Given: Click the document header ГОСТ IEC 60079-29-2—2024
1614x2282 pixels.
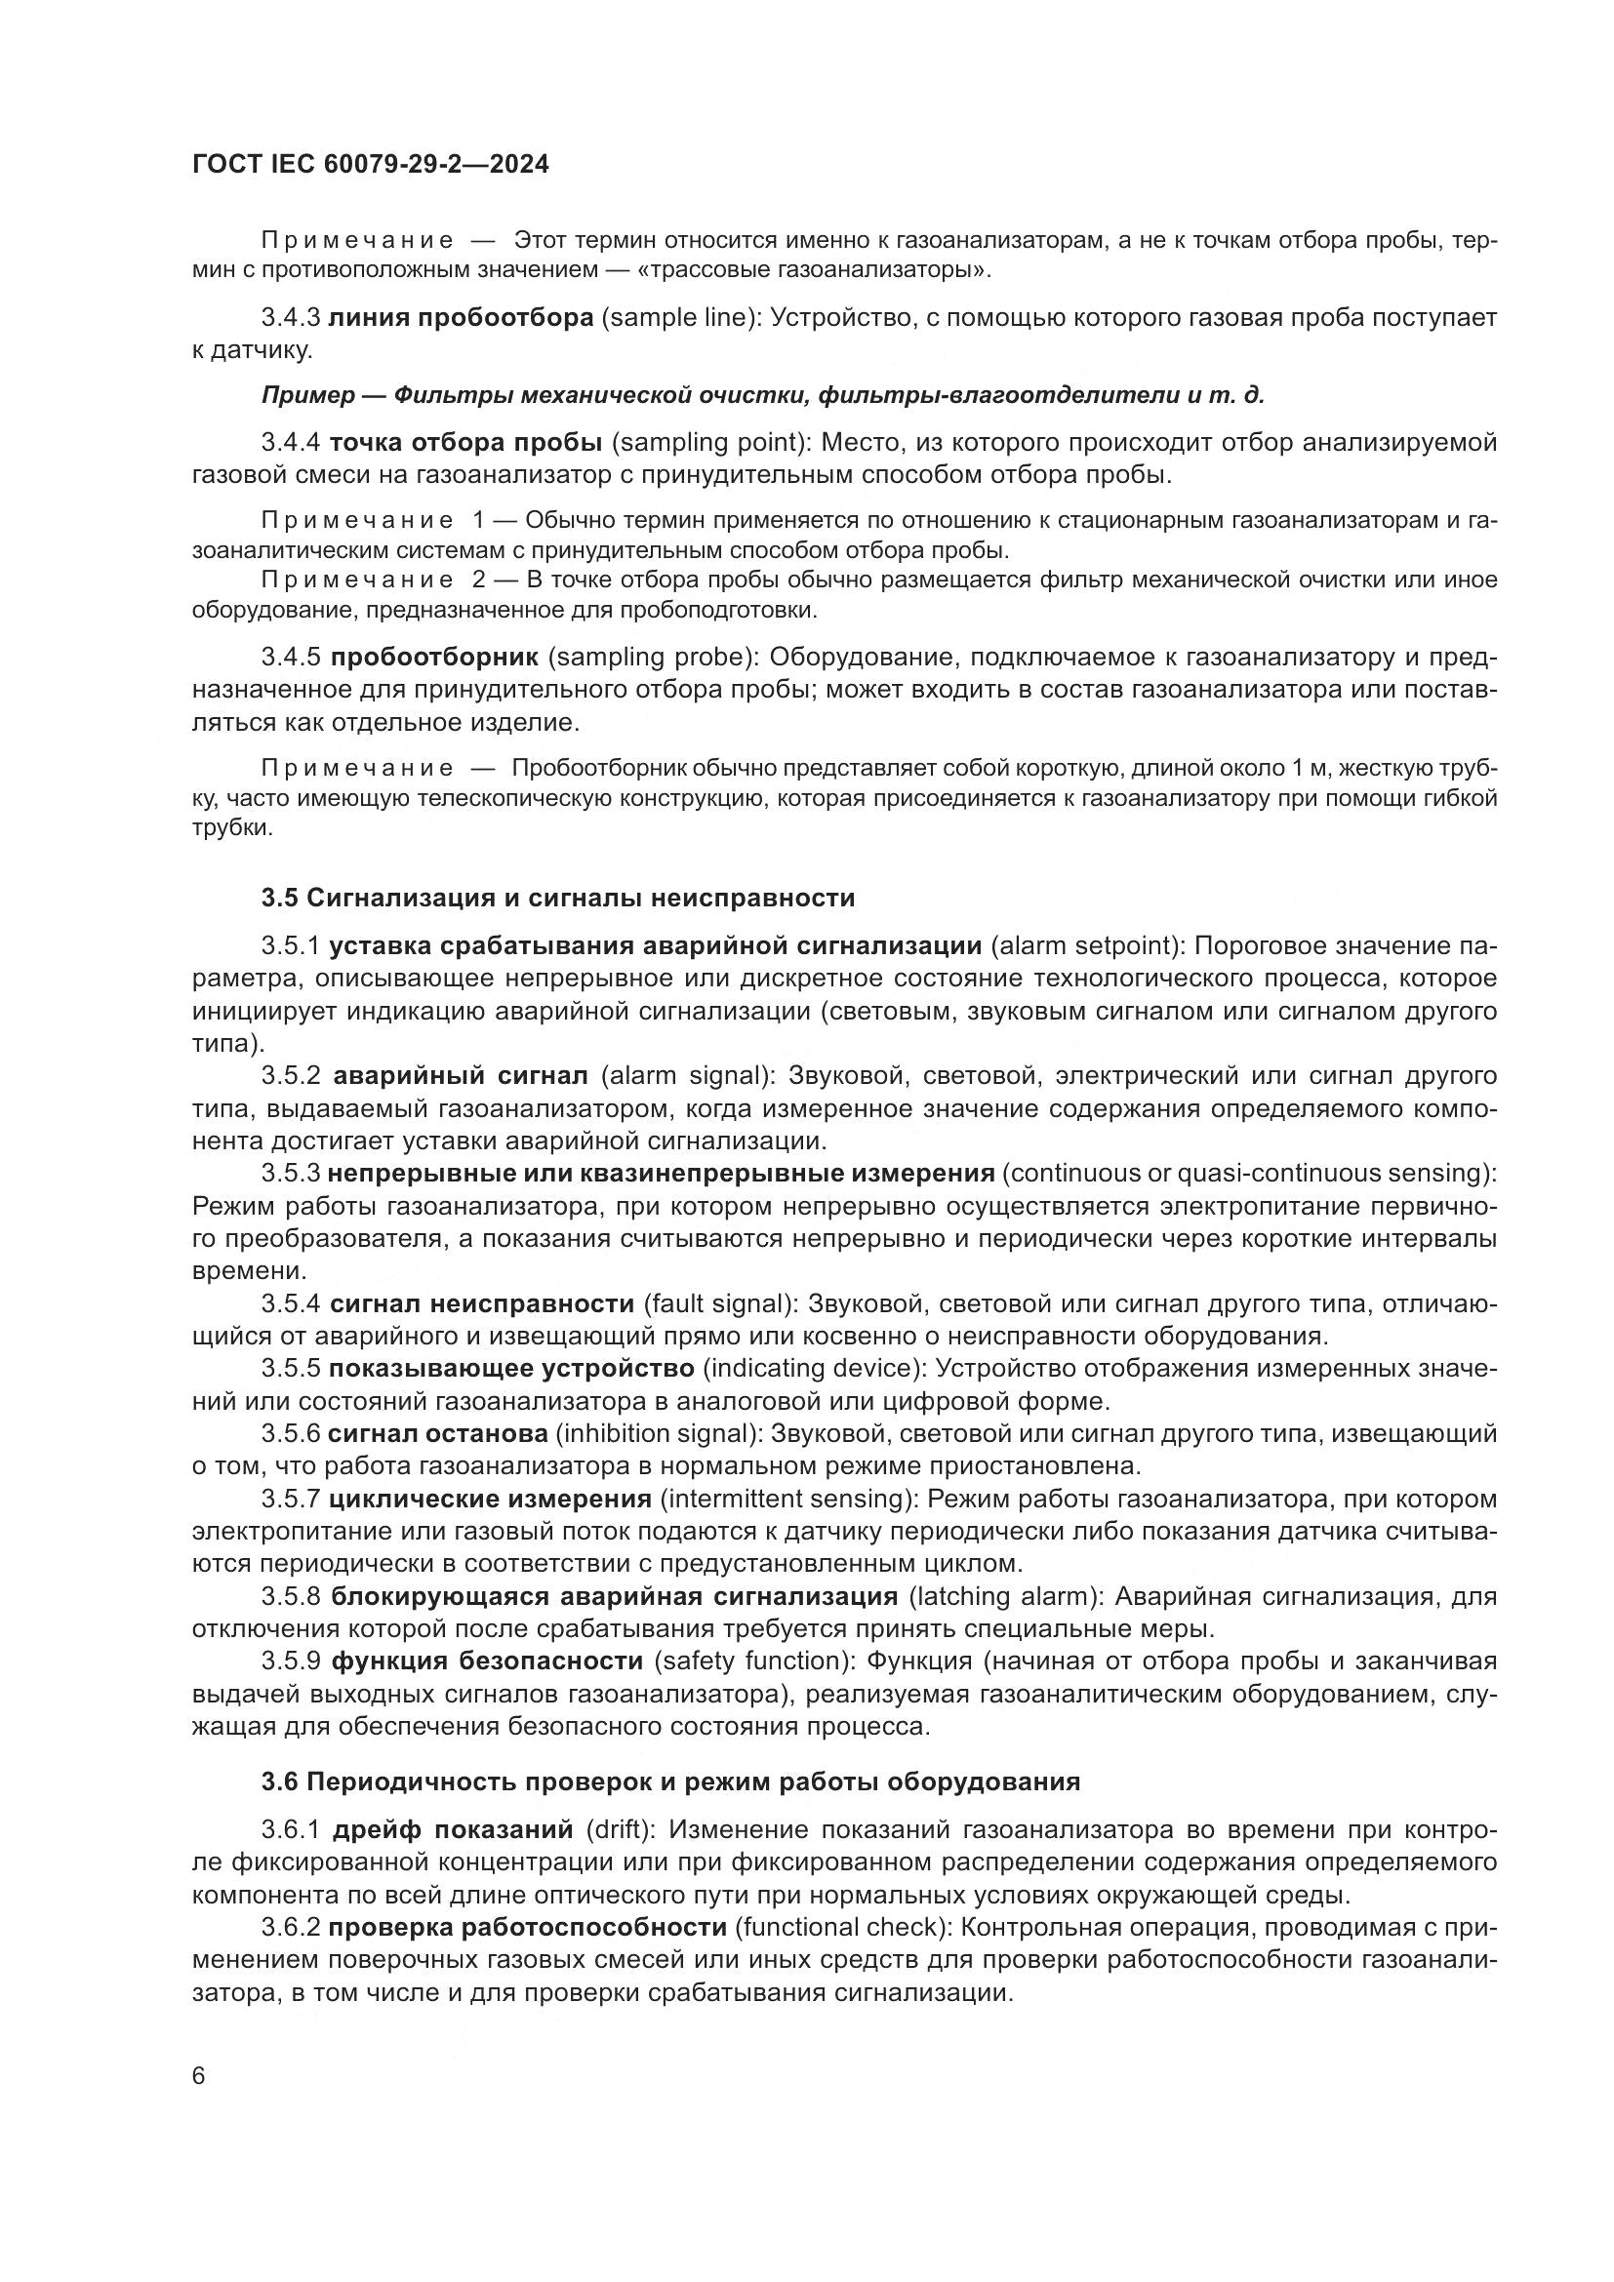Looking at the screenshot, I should coord(370,164).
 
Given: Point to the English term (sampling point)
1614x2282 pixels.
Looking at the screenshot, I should coord(712,442).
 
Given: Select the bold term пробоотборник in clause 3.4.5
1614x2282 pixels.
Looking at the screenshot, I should coord(434,657).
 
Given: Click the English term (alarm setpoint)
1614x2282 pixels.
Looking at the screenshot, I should coord(1084,945).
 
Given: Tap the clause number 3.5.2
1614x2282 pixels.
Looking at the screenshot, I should coord(291,1075).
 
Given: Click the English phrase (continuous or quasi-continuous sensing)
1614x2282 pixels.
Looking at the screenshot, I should coord(1249,1173).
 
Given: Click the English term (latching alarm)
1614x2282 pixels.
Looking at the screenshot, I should coord(1006,1596).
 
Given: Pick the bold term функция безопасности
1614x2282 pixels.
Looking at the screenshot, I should coord(487,1661).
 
